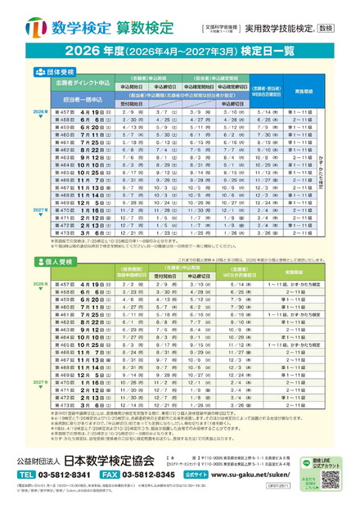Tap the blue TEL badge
pos(27,473)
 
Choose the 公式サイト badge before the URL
pos(218,473)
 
